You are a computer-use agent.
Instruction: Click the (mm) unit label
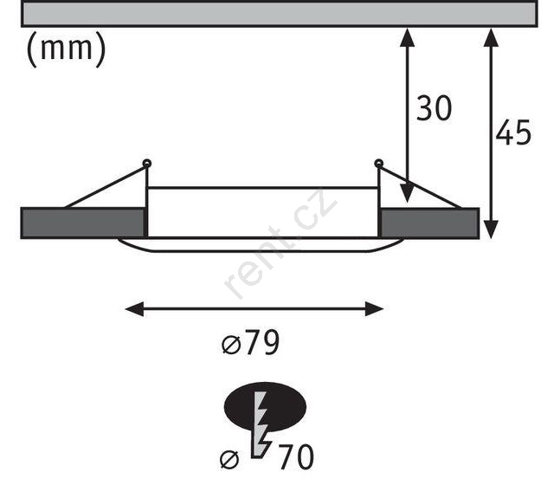point(67,49)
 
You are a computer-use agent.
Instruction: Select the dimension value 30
point(434,108)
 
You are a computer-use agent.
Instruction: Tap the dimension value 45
point(513,133)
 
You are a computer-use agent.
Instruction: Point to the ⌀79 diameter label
point(250,343)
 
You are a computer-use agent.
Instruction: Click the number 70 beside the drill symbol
point(296,456)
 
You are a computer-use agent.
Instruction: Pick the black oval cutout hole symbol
point(265,407)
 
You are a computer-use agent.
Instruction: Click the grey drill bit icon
point(261,424)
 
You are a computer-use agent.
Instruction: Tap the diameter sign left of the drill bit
point(229,459)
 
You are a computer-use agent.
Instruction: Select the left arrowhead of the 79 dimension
point(135,309)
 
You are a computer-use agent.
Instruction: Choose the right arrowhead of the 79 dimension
point(374,309)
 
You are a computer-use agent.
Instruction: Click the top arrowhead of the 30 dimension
point(407,37)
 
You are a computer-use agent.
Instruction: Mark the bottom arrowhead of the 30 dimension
point(407,193)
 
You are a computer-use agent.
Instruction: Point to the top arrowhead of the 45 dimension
point(491,37)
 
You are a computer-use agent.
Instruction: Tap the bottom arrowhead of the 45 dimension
point(491,230)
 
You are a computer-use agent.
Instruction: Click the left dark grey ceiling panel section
point(83,223)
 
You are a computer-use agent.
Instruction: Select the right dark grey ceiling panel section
point(429,223)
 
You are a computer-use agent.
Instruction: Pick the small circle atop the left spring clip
point(147,164)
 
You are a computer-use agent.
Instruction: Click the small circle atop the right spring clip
point(378,164)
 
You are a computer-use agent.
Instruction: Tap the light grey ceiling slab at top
point(280,15)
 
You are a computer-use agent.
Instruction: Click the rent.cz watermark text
point(280,244)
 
